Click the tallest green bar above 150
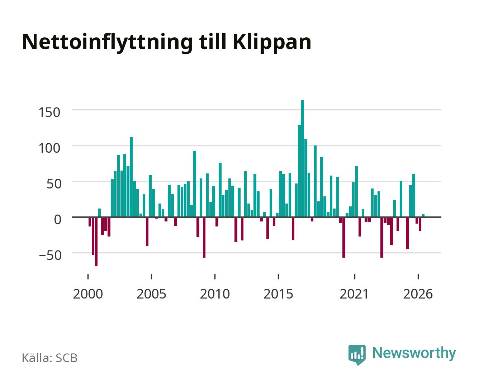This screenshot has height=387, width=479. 303,158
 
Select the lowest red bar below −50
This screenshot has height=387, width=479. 96,242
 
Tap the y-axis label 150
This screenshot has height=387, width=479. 49,113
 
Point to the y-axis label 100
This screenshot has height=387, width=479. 49,148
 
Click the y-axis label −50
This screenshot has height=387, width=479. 50,255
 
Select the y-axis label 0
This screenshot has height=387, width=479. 58,219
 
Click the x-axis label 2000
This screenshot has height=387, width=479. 88,294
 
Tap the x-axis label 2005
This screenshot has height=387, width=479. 151,294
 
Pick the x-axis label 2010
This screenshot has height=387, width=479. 215,294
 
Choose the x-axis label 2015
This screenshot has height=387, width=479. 278,294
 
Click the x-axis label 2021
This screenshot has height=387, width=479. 354,294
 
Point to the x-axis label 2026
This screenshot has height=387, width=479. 418,294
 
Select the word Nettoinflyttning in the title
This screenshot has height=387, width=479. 108,43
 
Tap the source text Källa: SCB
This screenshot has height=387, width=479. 50,358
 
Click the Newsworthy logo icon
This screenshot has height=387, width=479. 357,354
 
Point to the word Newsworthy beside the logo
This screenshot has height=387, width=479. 414,353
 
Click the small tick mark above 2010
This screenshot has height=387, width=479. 215,276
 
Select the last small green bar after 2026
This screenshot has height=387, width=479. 423,215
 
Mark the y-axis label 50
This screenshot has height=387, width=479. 54,184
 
